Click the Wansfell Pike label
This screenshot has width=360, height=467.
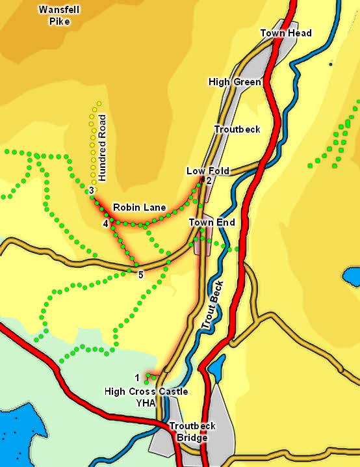[53, 16]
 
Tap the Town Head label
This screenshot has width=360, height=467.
[286, 33]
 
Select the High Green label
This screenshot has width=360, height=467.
[235, 82]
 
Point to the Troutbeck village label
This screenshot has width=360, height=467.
[237, 129]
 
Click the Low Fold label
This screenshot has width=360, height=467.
[204, 171]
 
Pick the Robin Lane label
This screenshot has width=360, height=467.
[139, 207]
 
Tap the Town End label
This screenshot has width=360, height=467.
[211, 222]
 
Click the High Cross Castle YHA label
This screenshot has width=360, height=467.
[146, 397]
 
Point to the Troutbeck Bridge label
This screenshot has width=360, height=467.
[192, 432]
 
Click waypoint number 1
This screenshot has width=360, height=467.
[137, 377]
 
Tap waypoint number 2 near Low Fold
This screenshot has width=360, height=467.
[209, 181]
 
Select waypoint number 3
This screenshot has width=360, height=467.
[92, 190]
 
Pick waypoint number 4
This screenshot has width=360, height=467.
[105, 224]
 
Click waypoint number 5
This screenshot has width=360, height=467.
[140, 275]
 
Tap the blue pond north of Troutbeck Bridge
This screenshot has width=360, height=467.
[216, 366]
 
